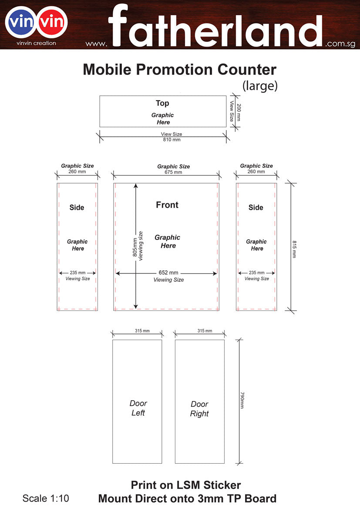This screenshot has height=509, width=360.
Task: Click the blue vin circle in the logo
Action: (21, 22)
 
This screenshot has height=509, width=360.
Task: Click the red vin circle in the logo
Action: (52, 22)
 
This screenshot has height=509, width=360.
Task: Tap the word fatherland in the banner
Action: (215, 26)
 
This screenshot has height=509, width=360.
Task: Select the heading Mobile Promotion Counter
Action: (179, 70)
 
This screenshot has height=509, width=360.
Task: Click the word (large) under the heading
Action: (260, 86)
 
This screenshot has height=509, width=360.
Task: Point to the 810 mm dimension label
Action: (172, 140)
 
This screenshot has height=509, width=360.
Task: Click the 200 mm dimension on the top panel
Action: (239, 112)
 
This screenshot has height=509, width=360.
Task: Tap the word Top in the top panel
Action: (162, 103)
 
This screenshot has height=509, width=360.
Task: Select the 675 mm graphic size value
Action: (173, 172)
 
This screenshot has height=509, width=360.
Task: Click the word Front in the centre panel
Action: (167, 205)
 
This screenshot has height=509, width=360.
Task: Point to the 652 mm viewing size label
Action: (168, 273)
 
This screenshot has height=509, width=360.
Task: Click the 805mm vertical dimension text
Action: (135, 247)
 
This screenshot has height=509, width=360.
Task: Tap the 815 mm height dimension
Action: (294, 249)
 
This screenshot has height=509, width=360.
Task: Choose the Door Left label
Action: (138, 408)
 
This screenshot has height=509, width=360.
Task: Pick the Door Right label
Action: (199, 409)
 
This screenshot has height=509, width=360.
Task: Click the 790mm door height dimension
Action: (242, 400)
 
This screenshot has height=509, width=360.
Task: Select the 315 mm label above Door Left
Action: (142, 331)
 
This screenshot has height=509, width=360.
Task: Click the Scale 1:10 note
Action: (46, 498)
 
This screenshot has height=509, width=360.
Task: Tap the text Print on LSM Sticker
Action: (186, 485)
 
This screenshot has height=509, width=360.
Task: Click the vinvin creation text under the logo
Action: (37, 43)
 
